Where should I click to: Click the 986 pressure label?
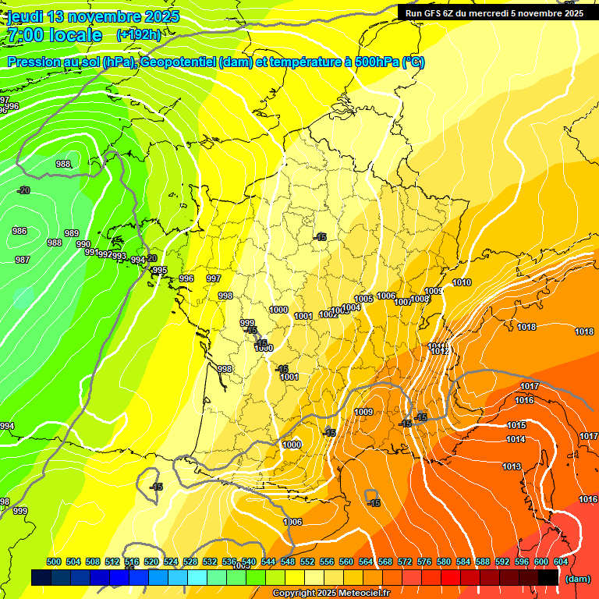(19, 231)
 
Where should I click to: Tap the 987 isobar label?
(23, 260)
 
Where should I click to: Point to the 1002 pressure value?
(328, 314)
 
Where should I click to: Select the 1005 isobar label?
(363, 299)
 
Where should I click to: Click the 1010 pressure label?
(462, 282)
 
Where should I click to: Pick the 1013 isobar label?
(512, 466)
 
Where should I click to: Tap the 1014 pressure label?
(516, 439)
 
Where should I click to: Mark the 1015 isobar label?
(516, 425)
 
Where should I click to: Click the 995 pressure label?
(159, 270)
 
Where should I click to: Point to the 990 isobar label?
(83, 244)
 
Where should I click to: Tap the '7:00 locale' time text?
(55, 35)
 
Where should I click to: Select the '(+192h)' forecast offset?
(139, 35)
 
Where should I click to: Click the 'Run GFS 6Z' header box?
(494, 12)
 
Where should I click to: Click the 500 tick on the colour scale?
(54, 562)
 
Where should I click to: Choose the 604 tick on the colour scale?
(561, 562)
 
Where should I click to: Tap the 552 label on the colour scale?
(307, 562)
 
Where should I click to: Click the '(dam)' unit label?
(577, 579)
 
